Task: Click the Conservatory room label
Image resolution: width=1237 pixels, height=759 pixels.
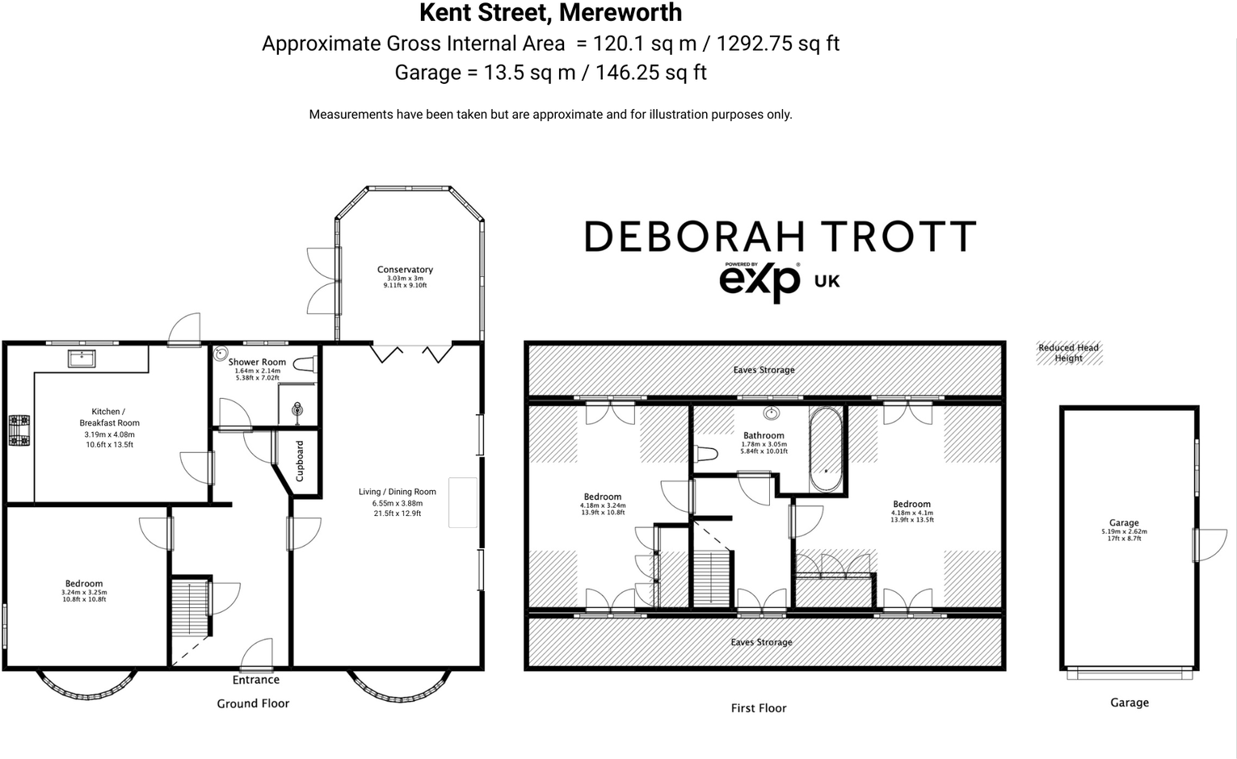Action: click(405, 270)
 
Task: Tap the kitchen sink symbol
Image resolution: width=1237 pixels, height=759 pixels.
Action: click(81, 358)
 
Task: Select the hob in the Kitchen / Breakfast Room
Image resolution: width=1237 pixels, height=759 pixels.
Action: click(18, 430)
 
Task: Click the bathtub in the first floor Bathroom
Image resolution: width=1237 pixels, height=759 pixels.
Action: click(826, 449)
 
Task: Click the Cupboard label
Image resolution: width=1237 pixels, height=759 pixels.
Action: click(300, 461)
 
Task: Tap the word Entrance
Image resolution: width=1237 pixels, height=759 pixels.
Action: click(255, 680)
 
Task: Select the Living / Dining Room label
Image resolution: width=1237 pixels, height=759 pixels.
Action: click(397, 492)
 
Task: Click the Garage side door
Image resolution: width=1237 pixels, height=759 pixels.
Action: click(1210, 545)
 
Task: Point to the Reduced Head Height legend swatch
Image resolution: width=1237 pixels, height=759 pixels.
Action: click(1069, 353)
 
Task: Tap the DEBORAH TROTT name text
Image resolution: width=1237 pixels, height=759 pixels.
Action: click(780, 237)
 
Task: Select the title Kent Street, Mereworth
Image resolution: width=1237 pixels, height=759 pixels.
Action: click(550, 13)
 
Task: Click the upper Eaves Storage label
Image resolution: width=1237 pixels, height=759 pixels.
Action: click(764, 370)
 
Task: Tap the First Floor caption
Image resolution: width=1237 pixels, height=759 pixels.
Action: click(758, 708)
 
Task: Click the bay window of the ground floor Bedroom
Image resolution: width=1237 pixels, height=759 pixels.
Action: click(85, 687)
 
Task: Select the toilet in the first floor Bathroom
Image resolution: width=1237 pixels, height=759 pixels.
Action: click(705, 454)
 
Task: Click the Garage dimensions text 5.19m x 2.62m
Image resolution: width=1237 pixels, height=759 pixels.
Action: click(1123, 531)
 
